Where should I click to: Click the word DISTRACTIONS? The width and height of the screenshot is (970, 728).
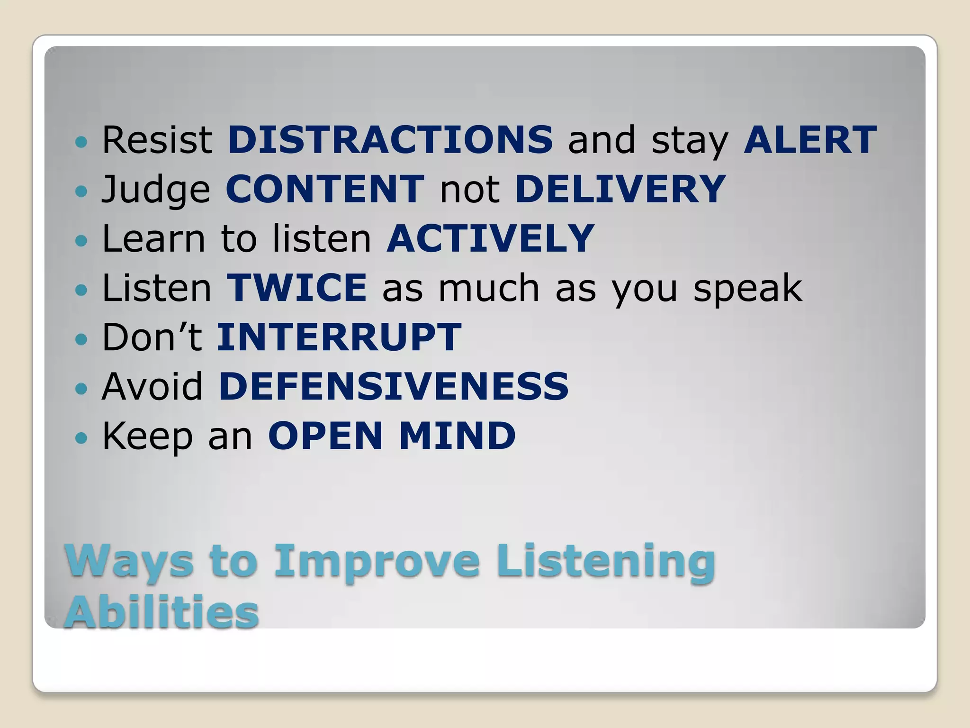pyautogui.click(x=390, y=140)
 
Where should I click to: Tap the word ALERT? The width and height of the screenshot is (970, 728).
pyautogui.click(x=810, y=140)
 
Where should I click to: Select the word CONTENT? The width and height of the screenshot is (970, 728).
pyautogui.click(x=325, y=189)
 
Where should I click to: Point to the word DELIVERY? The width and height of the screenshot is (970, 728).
pyautogui.click(x=620, y=189)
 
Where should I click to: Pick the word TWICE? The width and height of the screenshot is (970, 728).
pyautogui.click(x=296, y=288)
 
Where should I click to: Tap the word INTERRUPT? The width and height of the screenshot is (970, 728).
pyautogui.click(x=339, y=337)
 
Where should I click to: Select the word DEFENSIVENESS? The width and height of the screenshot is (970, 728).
pyautogui.click(x=394, y=386)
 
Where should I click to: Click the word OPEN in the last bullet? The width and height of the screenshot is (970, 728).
pyautogui.click(x=325, y=436)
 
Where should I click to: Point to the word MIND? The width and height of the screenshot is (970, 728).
pyautogui.click(x=458, y=436)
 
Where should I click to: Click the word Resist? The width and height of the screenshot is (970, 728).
pyautogui.click(x=157, y=140)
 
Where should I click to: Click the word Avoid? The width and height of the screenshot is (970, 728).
pyautogui.click(x=153, y=386)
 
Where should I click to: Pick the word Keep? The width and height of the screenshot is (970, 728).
pyautogui.click(x=147, y=437)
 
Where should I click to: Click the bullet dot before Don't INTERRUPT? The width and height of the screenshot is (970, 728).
pyautogui.click(x=81, y=339)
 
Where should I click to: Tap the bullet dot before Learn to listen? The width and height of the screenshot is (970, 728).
pyautogui.click(x=81, y=240)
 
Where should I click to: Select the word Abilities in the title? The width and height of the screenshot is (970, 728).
pyautogui.click(x=162, y=612)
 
